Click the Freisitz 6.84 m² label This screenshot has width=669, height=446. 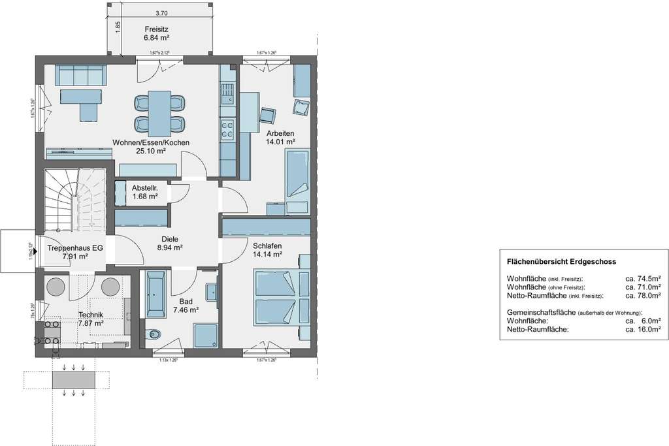(157, 34)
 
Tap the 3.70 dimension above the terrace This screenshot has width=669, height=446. (161, 12)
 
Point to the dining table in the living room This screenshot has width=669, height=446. (159, 112)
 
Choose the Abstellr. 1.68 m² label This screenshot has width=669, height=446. (145, 192)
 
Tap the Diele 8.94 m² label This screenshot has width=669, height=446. (170, 244)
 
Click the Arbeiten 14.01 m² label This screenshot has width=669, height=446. (280, 137)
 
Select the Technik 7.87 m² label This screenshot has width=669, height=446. (91, 319)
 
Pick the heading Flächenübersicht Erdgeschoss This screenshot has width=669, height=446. (561, 261)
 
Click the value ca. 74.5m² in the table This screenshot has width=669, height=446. (643, 278)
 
